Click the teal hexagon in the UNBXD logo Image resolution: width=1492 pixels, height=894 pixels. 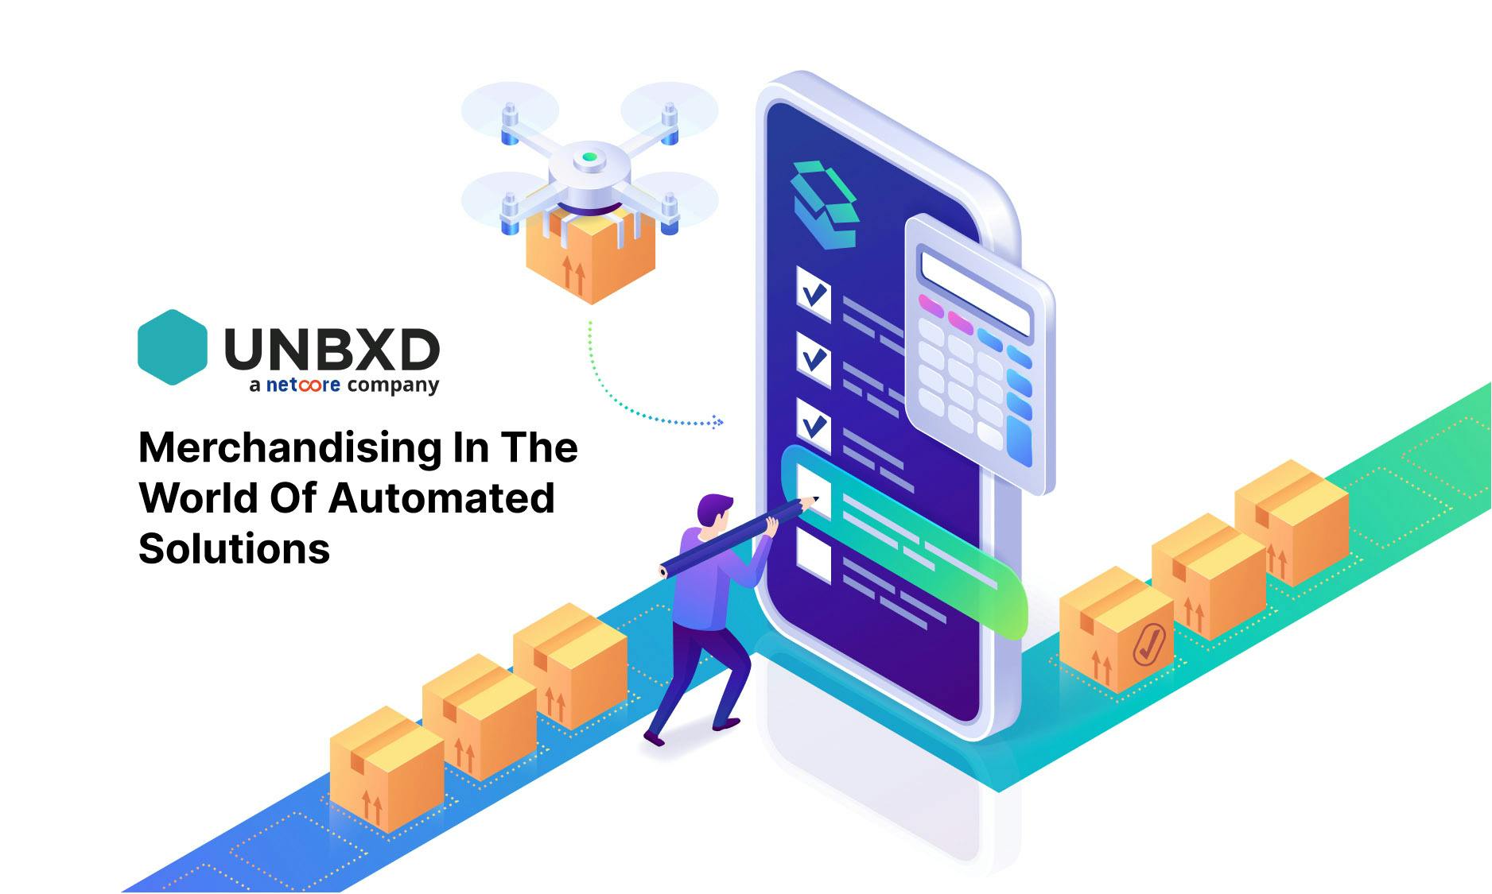[173, 347]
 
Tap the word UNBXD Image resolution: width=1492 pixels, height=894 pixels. [332, 350]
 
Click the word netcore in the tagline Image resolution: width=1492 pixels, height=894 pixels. [303, 385]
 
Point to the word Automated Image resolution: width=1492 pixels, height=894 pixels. [441, 498]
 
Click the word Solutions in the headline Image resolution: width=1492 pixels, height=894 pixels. [234, 548]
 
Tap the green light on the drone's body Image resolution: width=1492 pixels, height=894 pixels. [589, 157]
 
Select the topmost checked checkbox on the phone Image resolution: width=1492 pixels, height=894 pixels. [814, 294]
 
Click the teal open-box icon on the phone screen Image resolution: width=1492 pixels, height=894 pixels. [825, 203]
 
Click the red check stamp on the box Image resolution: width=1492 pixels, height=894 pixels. [1149, 643]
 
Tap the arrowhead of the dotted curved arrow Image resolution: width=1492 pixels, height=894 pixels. [719, 422]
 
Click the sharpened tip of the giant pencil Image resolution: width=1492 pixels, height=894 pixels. [816, 499]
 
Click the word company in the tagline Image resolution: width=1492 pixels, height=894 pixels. [393, 386]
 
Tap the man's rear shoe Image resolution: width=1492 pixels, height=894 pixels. [654, 738]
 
